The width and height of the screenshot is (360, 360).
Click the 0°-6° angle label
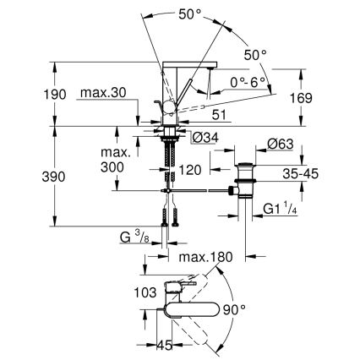248,81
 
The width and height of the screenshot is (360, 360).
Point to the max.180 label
204,256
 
